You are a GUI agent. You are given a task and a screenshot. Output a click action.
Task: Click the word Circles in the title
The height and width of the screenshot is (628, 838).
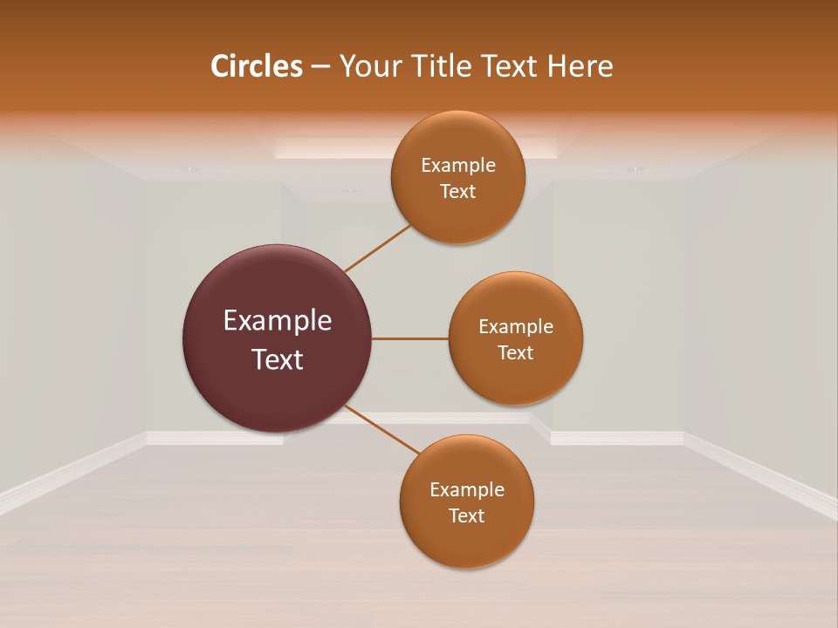click(x=257, y=66)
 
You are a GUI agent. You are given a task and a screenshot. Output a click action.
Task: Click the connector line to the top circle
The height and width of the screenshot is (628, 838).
click(x=378, y=249)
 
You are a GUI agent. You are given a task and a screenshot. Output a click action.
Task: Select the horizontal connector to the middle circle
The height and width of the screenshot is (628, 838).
click(x=410, y=338)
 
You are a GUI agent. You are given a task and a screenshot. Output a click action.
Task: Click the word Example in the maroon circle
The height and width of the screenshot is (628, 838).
click(x=278, y=321)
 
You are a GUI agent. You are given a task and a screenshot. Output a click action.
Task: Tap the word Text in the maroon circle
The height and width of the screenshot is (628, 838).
click(x=278, y=359)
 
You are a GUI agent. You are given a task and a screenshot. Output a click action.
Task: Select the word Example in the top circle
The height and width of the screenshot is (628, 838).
click(x=458, y=165)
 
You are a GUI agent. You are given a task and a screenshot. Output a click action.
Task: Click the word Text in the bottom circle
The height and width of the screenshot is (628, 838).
click(x=467, y=515)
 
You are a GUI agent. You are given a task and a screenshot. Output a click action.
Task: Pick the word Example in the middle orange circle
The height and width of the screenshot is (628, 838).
click(x=516, y=326)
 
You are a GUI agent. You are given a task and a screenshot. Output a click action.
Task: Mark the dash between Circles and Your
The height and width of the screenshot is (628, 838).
click(x=320, y=66)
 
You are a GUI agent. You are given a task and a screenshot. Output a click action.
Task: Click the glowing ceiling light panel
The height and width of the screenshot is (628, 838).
click(x=332, y=147)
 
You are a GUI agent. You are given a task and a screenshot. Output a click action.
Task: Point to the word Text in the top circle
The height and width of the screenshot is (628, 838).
click(x=458, y=191)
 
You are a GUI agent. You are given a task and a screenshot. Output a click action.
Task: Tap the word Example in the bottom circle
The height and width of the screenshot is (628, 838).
click(x=467, y=489)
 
